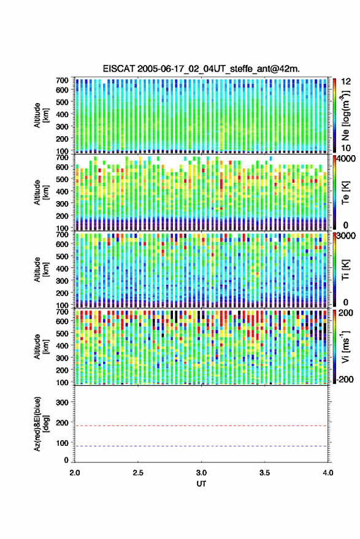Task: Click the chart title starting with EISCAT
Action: pyautogui.click(x=201, y=69)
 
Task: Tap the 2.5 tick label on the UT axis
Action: pyautogui.click(x=138, y=473)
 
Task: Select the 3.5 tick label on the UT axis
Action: pyautogui.click(x=264, y=473)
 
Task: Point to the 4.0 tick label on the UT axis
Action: pyautogui.click(x=327, y=473)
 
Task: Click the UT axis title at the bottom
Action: pyautogui.click(x=201, y=484)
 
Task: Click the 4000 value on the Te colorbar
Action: pyautogui.click(x=347, y=158)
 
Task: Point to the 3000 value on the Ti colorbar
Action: pyautogui.click(x=347, y=236)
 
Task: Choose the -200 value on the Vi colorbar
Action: pyautogui.click(x=343, y=379)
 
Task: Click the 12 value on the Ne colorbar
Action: pyautogui.click(x=346, y=82)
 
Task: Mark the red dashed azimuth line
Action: pyautogui.click(x=201, y=426)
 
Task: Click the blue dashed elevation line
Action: pyautogui.click(x=201, y=446)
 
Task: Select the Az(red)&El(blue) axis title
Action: pyautogui.click(x=42, y=424)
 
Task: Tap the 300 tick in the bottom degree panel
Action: pyautogui.click(x=62, y=402)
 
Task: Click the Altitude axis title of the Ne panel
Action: pyautogui.click(x=42, y=115)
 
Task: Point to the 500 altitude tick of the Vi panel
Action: pyautogui.click(x=62, y=333)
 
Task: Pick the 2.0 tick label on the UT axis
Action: pyautogui.click(x=75, y=473)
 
